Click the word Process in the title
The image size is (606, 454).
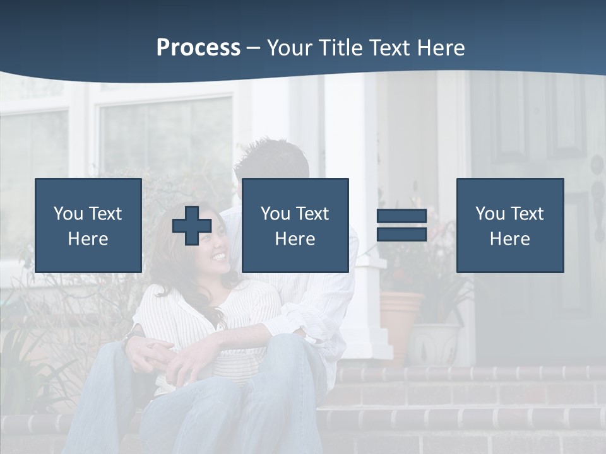click(x=198, y=48)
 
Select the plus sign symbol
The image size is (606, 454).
click(x=192, y=225)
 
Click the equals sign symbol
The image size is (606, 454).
click(x=401, y=225)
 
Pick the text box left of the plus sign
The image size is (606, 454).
click(x=88, y=225)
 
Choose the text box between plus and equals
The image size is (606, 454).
click(x=295, y=225)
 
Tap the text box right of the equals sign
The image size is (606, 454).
click(x=510, y=225)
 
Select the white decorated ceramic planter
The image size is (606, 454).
click(x=434, y=344)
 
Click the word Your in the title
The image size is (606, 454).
click(x=287, y=48)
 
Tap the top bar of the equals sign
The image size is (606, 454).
click(x=401, y=216)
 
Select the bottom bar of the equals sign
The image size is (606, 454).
click(x=401, y=235)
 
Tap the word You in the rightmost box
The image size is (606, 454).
click(x=490, y=214)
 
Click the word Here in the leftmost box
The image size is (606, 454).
click(x=88, y=239)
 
